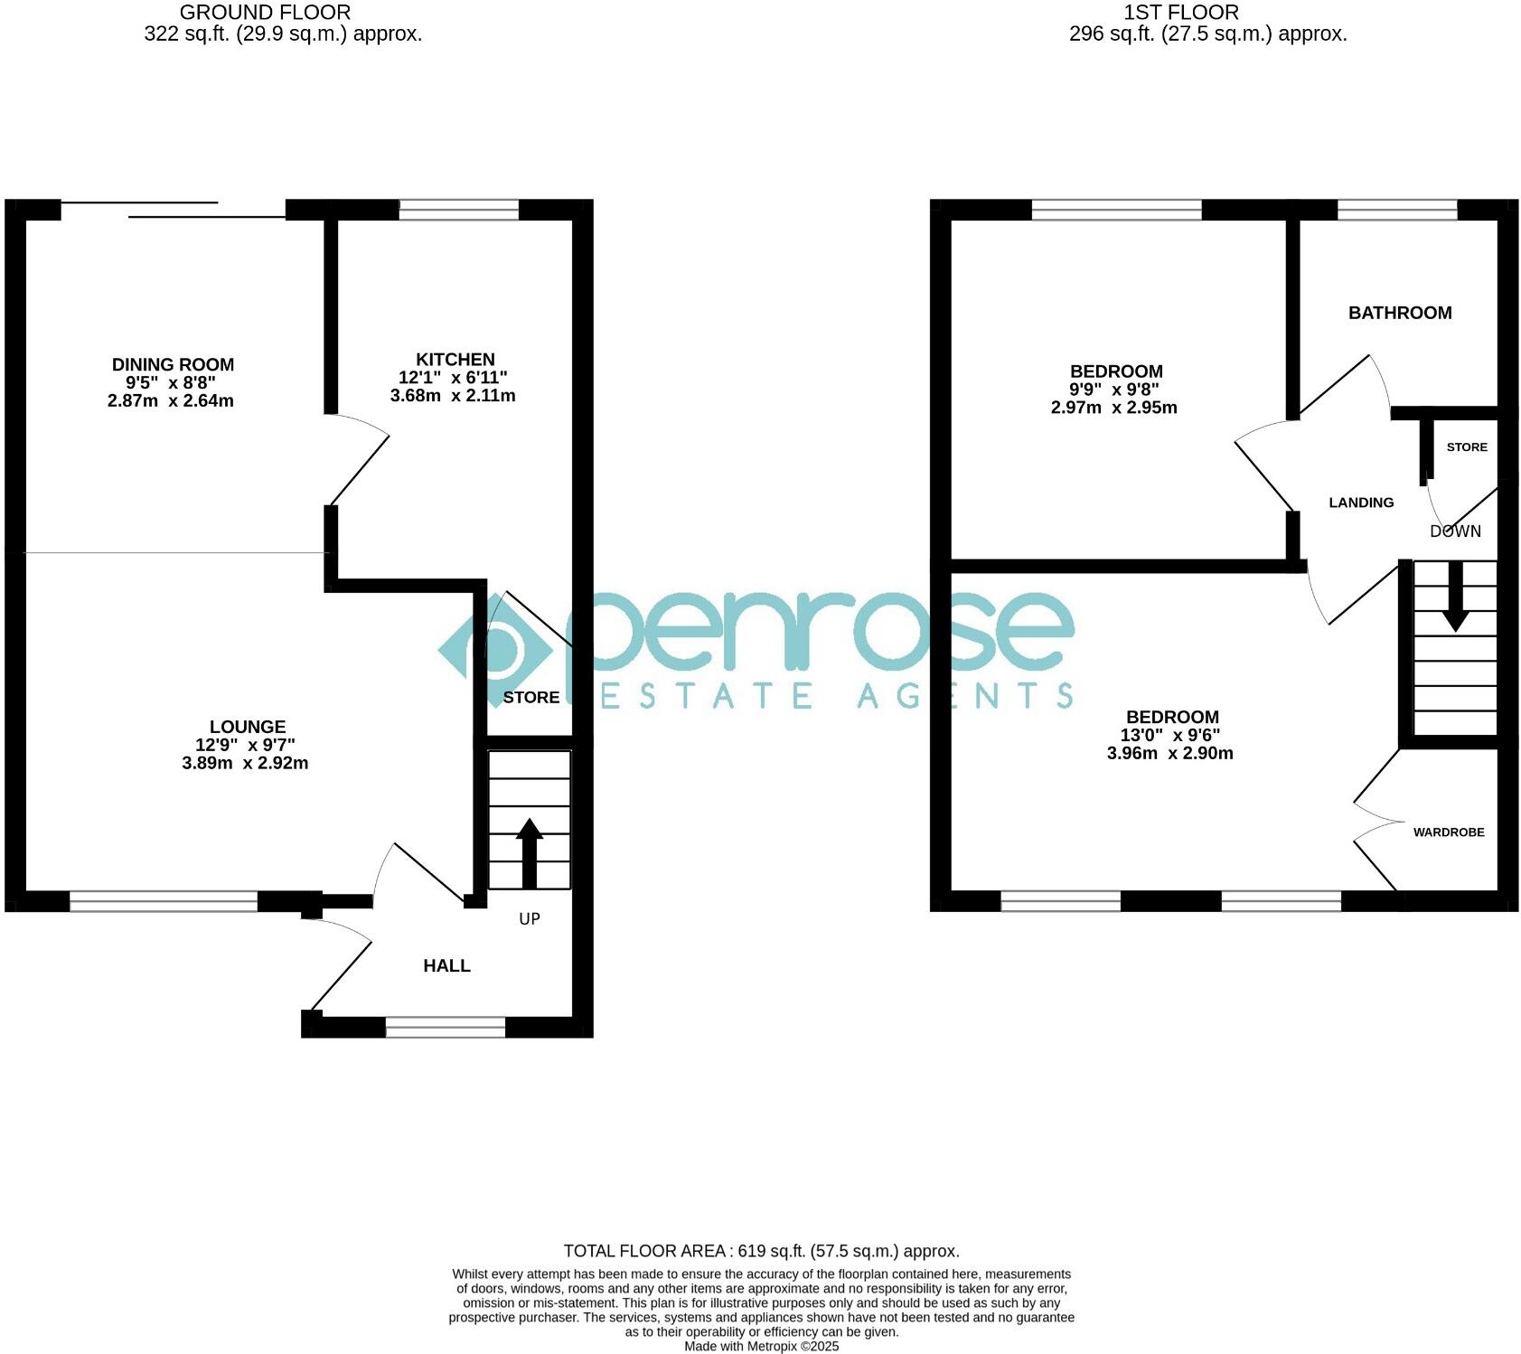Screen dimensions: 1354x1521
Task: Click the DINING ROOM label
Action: pos(173,364)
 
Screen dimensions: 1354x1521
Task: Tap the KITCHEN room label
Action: pos(455,359)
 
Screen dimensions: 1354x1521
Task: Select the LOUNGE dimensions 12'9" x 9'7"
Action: pos(245,745)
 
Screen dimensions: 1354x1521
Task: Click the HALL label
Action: pos(446,965)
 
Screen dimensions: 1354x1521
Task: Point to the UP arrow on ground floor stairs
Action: pos(529,852)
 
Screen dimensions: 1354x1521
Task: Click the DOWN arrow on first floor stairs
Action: pos(1455,597)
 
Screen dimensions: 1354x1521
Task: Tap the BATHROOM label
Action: pos(1399,313)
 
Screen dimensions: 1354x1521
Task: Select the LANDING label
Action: pos(1360,503)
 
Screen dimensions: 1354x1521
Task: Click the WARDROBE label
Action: pos(1448,832)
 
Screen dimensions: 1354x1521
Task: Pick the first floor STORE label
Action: pos(1466,447)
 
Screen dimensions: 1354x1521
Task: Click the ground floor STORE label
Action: pos(530,697)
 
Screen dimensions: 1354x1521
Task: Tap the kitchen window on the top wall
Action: pos(459,210)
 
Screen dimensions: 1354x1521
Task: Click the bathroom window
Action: pos(1396,210)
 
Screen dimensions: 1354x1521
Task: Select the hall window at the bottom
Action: pos(445,1027)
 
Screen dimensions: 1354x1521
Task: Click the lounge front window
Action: pos(164,900)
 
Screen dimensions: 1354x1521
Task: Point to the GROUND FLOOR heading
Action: pos(265,13)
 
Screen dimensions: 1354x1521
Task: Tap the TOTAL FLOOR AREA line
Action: pos(761,1251)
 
